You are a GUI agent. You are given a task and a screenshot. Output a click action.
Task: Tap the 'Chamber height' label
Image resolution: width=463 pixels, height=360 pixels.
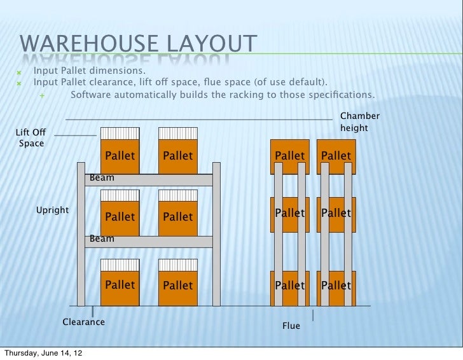coord(360,122)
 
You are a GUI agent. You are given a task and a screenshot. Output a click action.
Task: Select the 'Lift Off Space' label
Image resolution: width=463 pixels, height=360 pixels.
coord(31,137)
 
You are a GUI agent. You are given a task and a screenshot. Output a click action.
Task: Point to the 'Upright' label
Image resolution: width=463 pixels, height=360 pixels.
coord(53,209)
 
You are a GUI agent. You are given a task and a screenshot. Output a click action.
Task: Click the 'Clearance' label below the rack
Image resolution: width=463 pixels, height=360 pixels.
coord(83,322)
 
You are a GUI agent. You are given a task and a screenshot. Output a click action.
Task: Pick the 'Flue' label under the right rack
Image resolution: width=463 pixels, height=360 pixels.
coord(291,326)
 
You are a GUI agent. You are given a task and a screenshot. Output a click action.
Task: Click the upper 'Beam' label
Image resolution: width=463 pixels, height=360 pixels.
coord(102,178)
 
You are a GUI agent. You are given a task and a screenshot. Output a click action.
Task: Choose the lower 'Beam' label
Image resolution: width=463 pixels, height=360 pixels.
coord(102,239)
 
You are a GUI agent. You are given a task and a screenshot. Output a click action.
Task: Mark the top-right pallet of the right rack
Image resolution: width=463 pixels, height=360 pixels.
coord(336,156)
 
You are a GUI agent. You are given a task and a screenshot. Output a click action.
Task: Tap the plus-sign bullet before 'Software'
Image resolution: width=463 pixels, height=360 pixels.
coord(42,95)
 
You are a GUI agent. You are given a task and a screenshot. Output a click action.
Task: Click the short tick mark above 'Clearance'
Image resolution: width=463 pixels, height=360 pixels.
coord(93,311)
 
